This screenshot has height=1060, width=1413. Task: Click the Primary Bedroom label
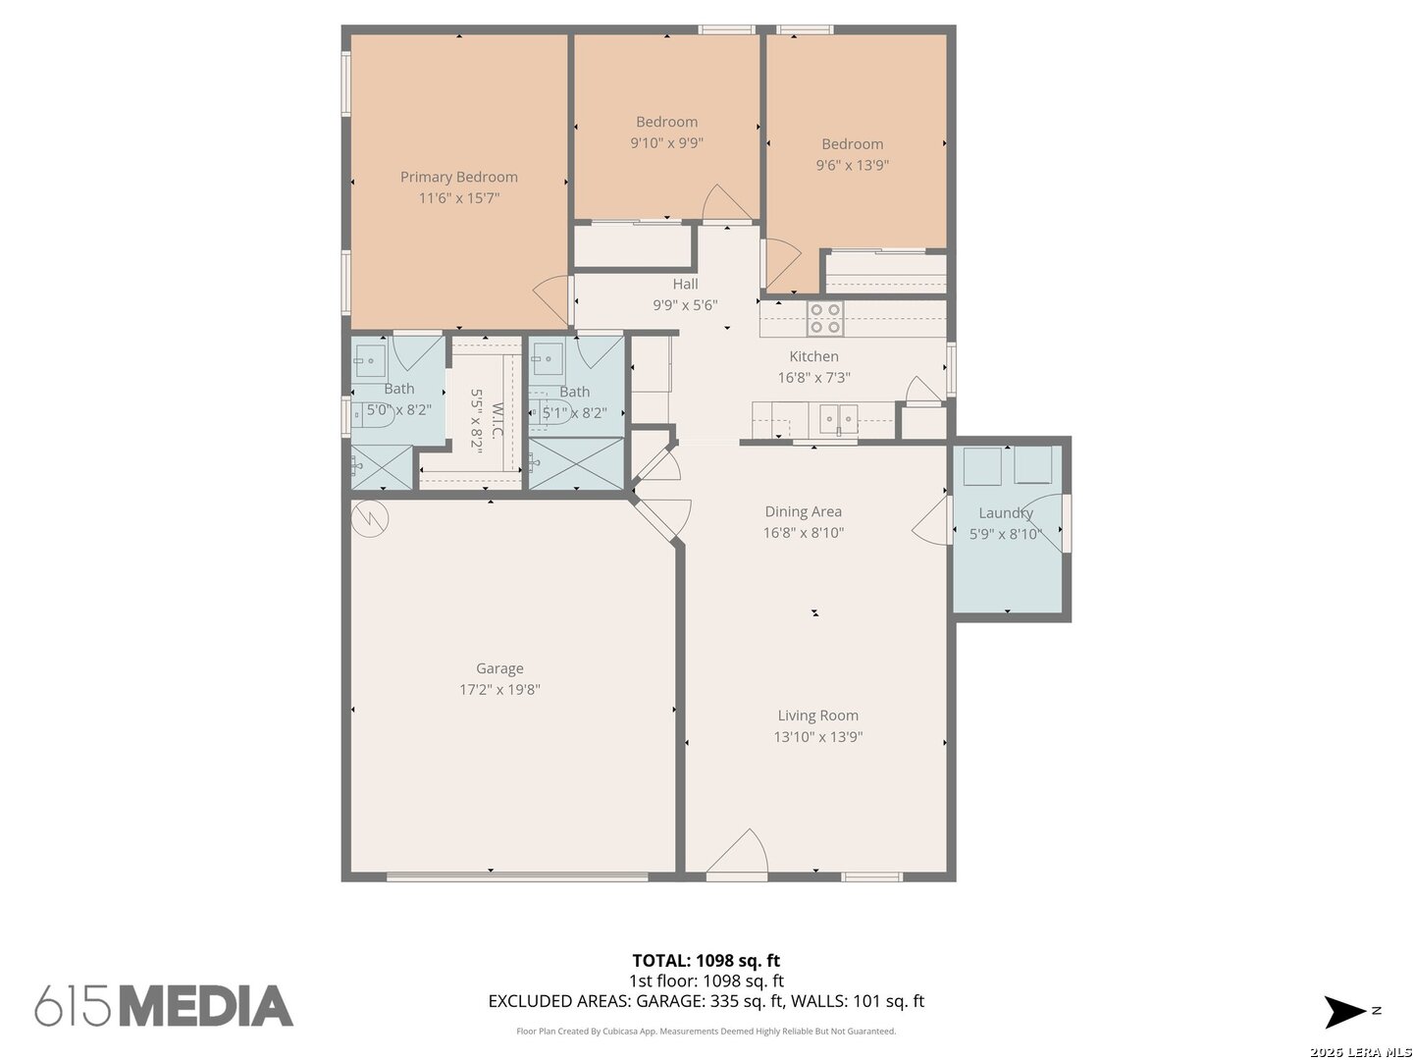coord(458,177)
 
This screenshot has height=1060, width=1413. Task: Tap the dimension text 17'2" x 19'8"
coord(499,689)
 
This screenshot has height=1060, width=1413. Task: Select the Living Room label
coord(817,715)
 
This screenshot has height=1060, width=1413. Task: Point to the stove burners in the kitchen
coord(825,318)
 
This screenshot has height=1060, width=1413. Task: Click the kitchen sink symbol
coord(839,420)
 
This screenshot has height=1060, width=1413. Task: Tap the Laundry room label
coord(1006,513)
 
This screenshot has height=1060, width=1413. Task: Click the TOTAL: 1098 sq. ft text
coord(706,960)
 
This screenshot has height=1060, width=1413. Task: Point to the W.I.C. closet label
coord(497,420)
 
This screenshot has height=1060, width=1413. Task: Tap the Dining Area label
coord(803,511)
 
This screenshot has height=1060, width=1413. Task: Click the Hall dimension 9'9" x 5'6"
coord(685,305)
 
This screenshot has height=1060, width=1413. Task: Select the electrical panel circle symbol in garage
coord(370,518)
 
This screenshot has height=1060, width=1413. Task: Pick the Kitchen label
coord(813,356)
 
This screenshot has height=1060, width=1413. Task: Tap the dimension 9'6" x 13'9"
coord(853,166)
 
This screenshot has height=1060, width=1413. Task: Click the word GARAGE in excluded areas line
coord(669,1001)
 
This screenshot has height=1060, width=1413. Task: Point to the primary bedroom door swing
coord(552,301)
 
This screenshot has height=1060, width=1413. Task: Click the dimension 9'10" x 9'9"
coord(666,143)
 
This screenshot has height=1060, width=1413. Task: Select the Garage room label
coord(499,669)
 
